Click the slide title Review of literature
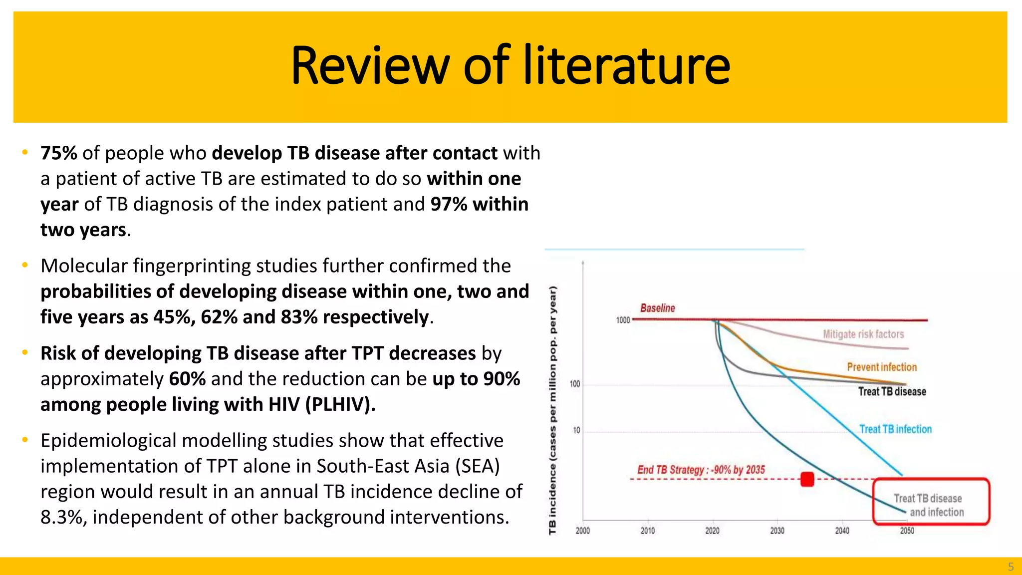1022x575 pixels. tap(510, 66)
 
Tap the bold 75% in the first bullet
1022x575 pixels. tap(58, 153)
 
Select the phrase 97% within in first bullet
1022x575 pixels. tap(479, 205)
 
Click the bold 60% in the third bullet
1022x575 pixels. tap(187, 379)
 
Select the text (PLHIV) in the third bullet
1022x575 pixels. tap(340, 405)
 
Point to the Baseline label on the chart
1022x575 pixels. tap(657, 308)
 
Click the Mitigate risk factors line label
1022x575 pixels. tap(863, 334)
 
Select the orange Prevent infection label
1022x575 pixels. tap(881, 367)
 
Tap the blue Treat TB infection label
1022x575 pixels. tap(895, 429)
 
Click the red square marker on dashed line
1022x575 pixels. tap(807, 479)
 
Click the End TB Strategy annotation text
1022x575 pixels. tap(701, 470)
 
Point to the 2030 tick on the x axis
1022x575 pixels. tap(777, 531)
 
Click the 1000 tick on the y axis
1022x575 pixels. tap(623, 320)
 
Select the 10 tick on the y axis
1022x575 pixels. tap(576, 430)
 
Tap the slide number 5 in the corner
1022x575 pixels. tap(1011, 567)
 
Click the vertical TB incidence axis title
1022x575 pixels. tap(552, 409)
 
